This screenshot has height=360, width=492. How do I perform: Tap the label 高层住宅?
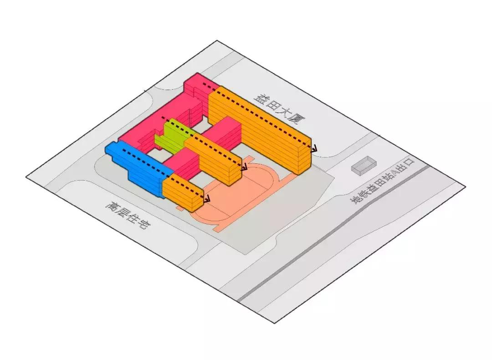click(x=127, y=215)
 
